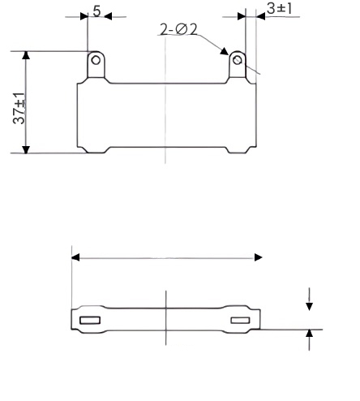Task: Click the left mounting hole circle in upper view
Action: coord(96,60)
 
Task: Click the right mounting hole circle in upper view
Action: coord(237,60)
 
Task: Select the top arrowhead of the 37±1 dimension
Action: coord(26,56)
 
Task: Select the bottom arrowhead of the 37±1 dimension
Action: coord(26,147)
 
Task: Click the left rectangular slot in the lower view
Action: coord(89,320)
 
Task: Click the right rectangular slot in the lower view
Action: coord(241,320)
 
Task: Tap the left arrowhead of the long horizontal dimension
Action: coord(76,257)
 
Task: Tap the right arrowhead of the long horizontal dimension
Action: coord(258,257)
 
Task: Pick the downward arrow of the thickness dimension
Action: coord(309,306)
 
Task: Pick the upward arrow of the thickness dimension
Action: coord(309,334)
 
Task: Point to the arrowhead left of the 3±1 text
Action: coord(240,16)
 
